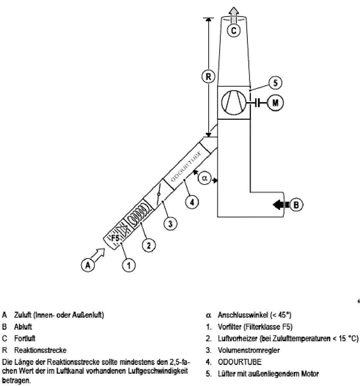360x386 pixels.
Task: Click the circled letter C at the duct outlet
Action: (233, 30)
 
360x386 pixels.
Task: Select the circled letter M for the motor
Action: (275, 102)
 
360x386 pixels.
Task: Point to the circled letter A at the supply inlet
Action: (88, 265)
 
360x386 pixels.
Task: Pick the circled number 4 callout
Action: (192, 201)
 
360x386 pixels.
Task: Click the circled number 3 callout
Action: (170, 223)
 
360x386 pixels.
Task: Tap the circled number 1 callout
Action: (128, 265)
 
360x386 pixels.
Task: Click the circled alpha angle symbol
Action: (205, 178)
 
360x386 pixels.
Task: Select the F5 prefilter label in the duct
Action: (116, 238)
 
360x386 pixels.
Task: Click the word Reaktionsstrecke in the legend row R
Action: (41, 350)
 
